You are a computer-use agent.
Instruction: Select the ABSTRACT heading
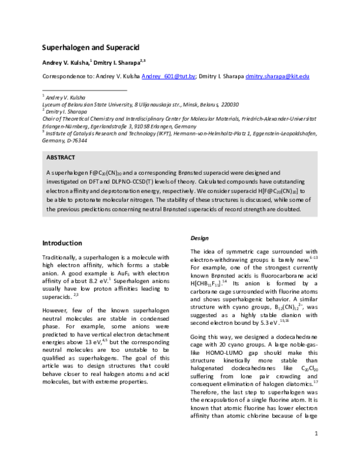61,157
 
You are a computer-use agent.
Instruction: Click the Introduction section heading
61,243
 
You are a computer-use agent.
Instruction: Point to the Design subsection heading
200,238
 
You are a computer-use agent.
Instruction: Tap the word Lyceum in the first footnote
51,103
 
